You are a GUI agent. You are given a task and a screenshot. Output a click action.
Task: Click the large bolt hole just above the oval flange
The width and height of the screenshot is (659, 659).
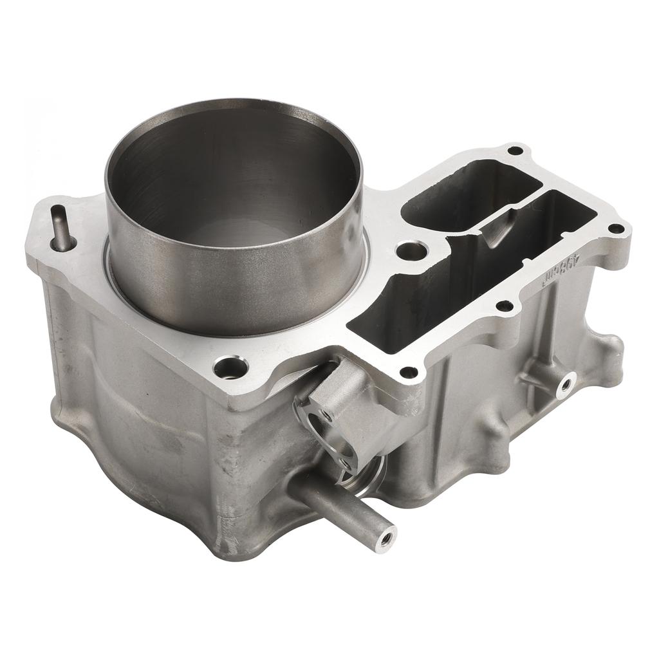[232, 367]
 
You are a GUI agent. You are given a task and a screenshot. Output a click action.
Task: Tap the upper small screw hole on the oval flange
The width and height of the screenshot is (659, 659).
[328, 415]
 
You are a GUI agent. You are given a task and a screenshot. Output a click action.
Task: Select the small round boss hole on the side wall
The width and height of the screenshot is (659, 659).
[566, 385]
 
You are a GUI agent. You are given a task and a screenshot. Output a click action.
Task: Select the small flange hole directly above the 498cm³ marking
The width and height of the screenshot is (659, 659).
[615, 228]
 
